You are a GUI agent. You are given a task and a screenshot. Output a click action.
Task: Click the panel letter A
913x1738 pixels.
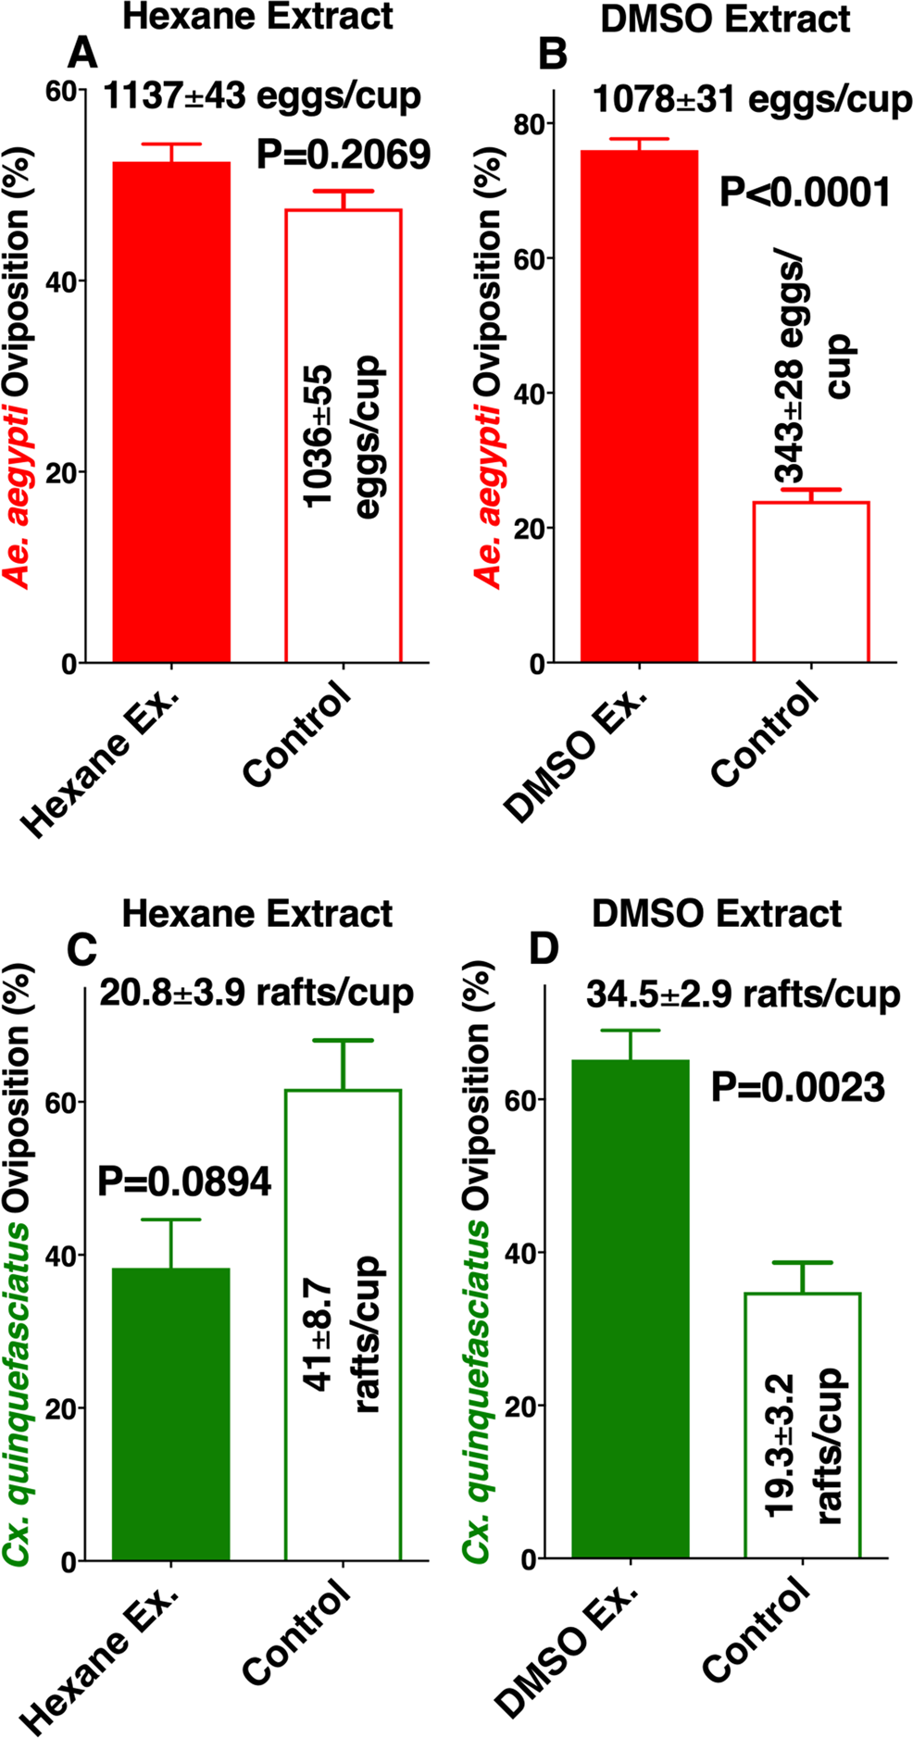83,55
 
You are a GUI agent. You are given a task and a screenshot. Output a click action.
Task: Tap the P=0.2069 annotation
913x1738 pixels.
344,155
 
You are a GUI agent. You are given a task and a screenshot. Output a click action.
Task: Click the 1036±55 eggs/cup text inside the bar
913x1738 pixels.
344,435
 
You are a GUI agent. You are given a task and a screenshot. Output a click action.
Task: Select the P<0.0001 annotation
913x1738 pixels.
805,193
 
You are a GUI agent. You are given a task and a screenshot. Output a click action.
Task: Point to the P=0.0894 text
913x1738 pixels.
184,1182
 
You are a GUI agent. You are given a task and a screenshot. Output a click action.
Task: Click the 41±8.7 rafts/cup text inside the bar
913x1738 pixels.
344,1333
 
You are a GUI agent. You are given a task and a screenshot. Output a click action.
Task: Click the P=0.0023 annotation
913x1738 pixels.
797,1087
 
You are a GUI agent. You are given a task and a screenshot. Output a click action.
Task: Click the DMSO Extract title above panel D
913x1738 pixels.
717,914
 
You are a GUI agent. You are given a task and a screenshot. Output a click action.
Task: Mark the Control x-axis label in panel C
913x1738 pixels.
296,1634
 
